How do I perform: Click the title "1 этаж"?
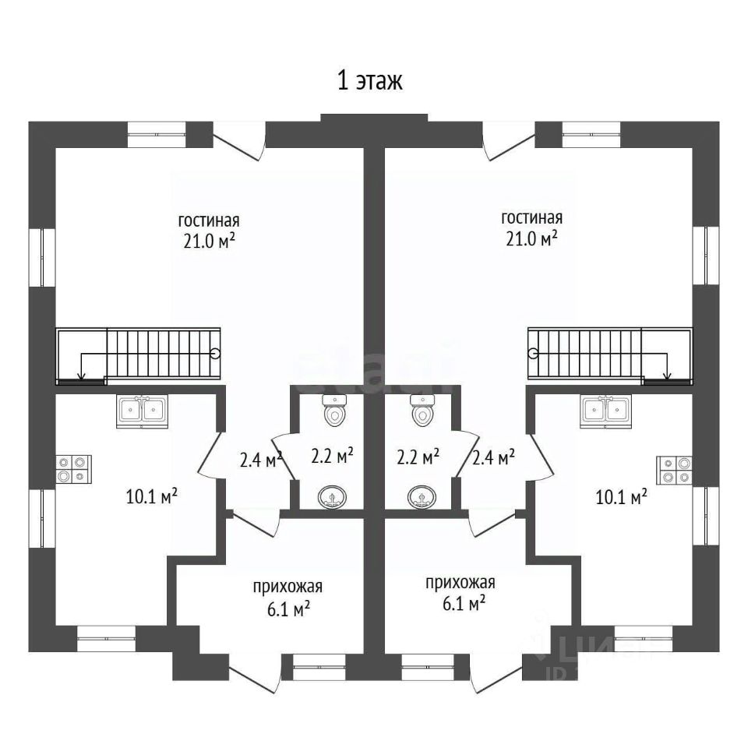click(369, 82)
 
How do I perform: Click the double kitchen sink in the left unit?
click(142, 410)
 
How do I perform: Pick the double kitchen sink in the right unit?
click(605, 410)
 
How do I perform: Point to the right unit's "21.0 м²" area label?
click(531, 238)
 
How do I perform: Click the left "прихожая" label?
click(288, 587)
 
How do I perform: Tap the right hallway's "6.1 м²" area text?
click(460, 603)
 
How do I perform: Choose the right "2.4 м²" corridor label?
click(493, 458)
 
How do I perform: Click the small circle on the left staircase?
click(215, 352)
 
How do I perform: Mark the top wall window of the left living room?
click(157, 134)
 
